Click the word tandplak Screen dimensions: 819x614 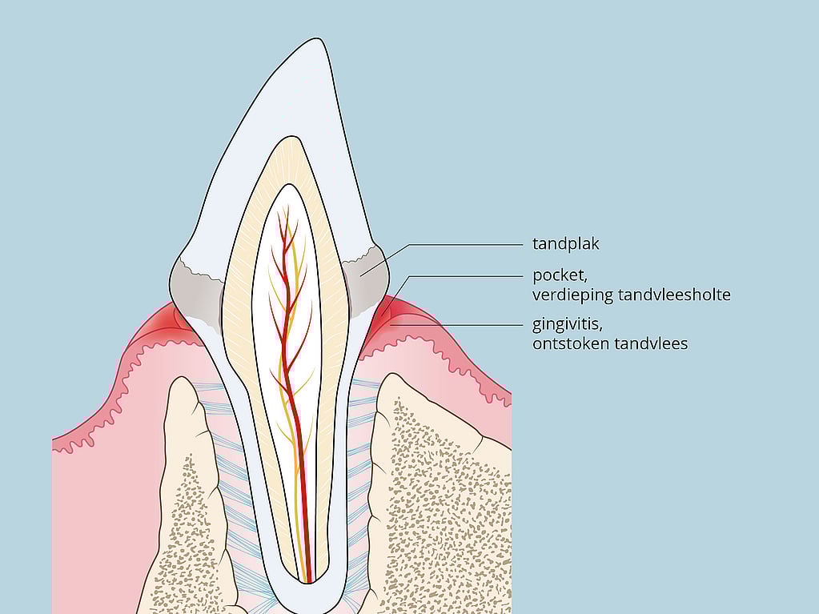(x=566, y=244)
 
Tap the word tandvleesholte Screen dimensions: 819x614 (x=674, y=295)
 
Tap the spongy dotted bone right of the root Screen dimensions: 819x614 (x=444, y=496)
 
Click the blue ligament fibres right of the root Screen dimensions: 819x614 (x=360, y=470)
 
